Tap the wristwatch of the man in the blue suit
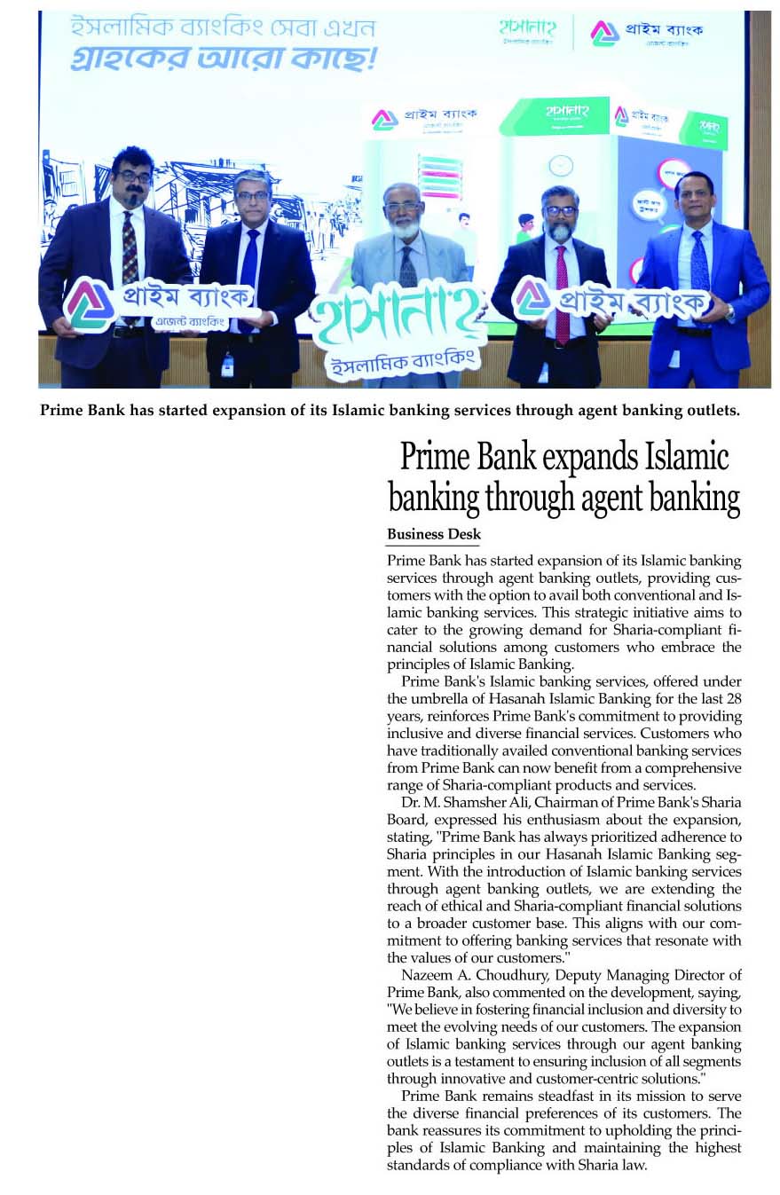pyautogui.click(x=729, y=311)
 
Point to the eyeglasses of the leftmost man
pyautogui.click(x=134, y=177)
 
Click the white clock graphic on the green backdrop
pyautogui.click(x=560, y=166)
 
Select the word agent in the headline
pyautogui.click(x=618, y=499)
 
